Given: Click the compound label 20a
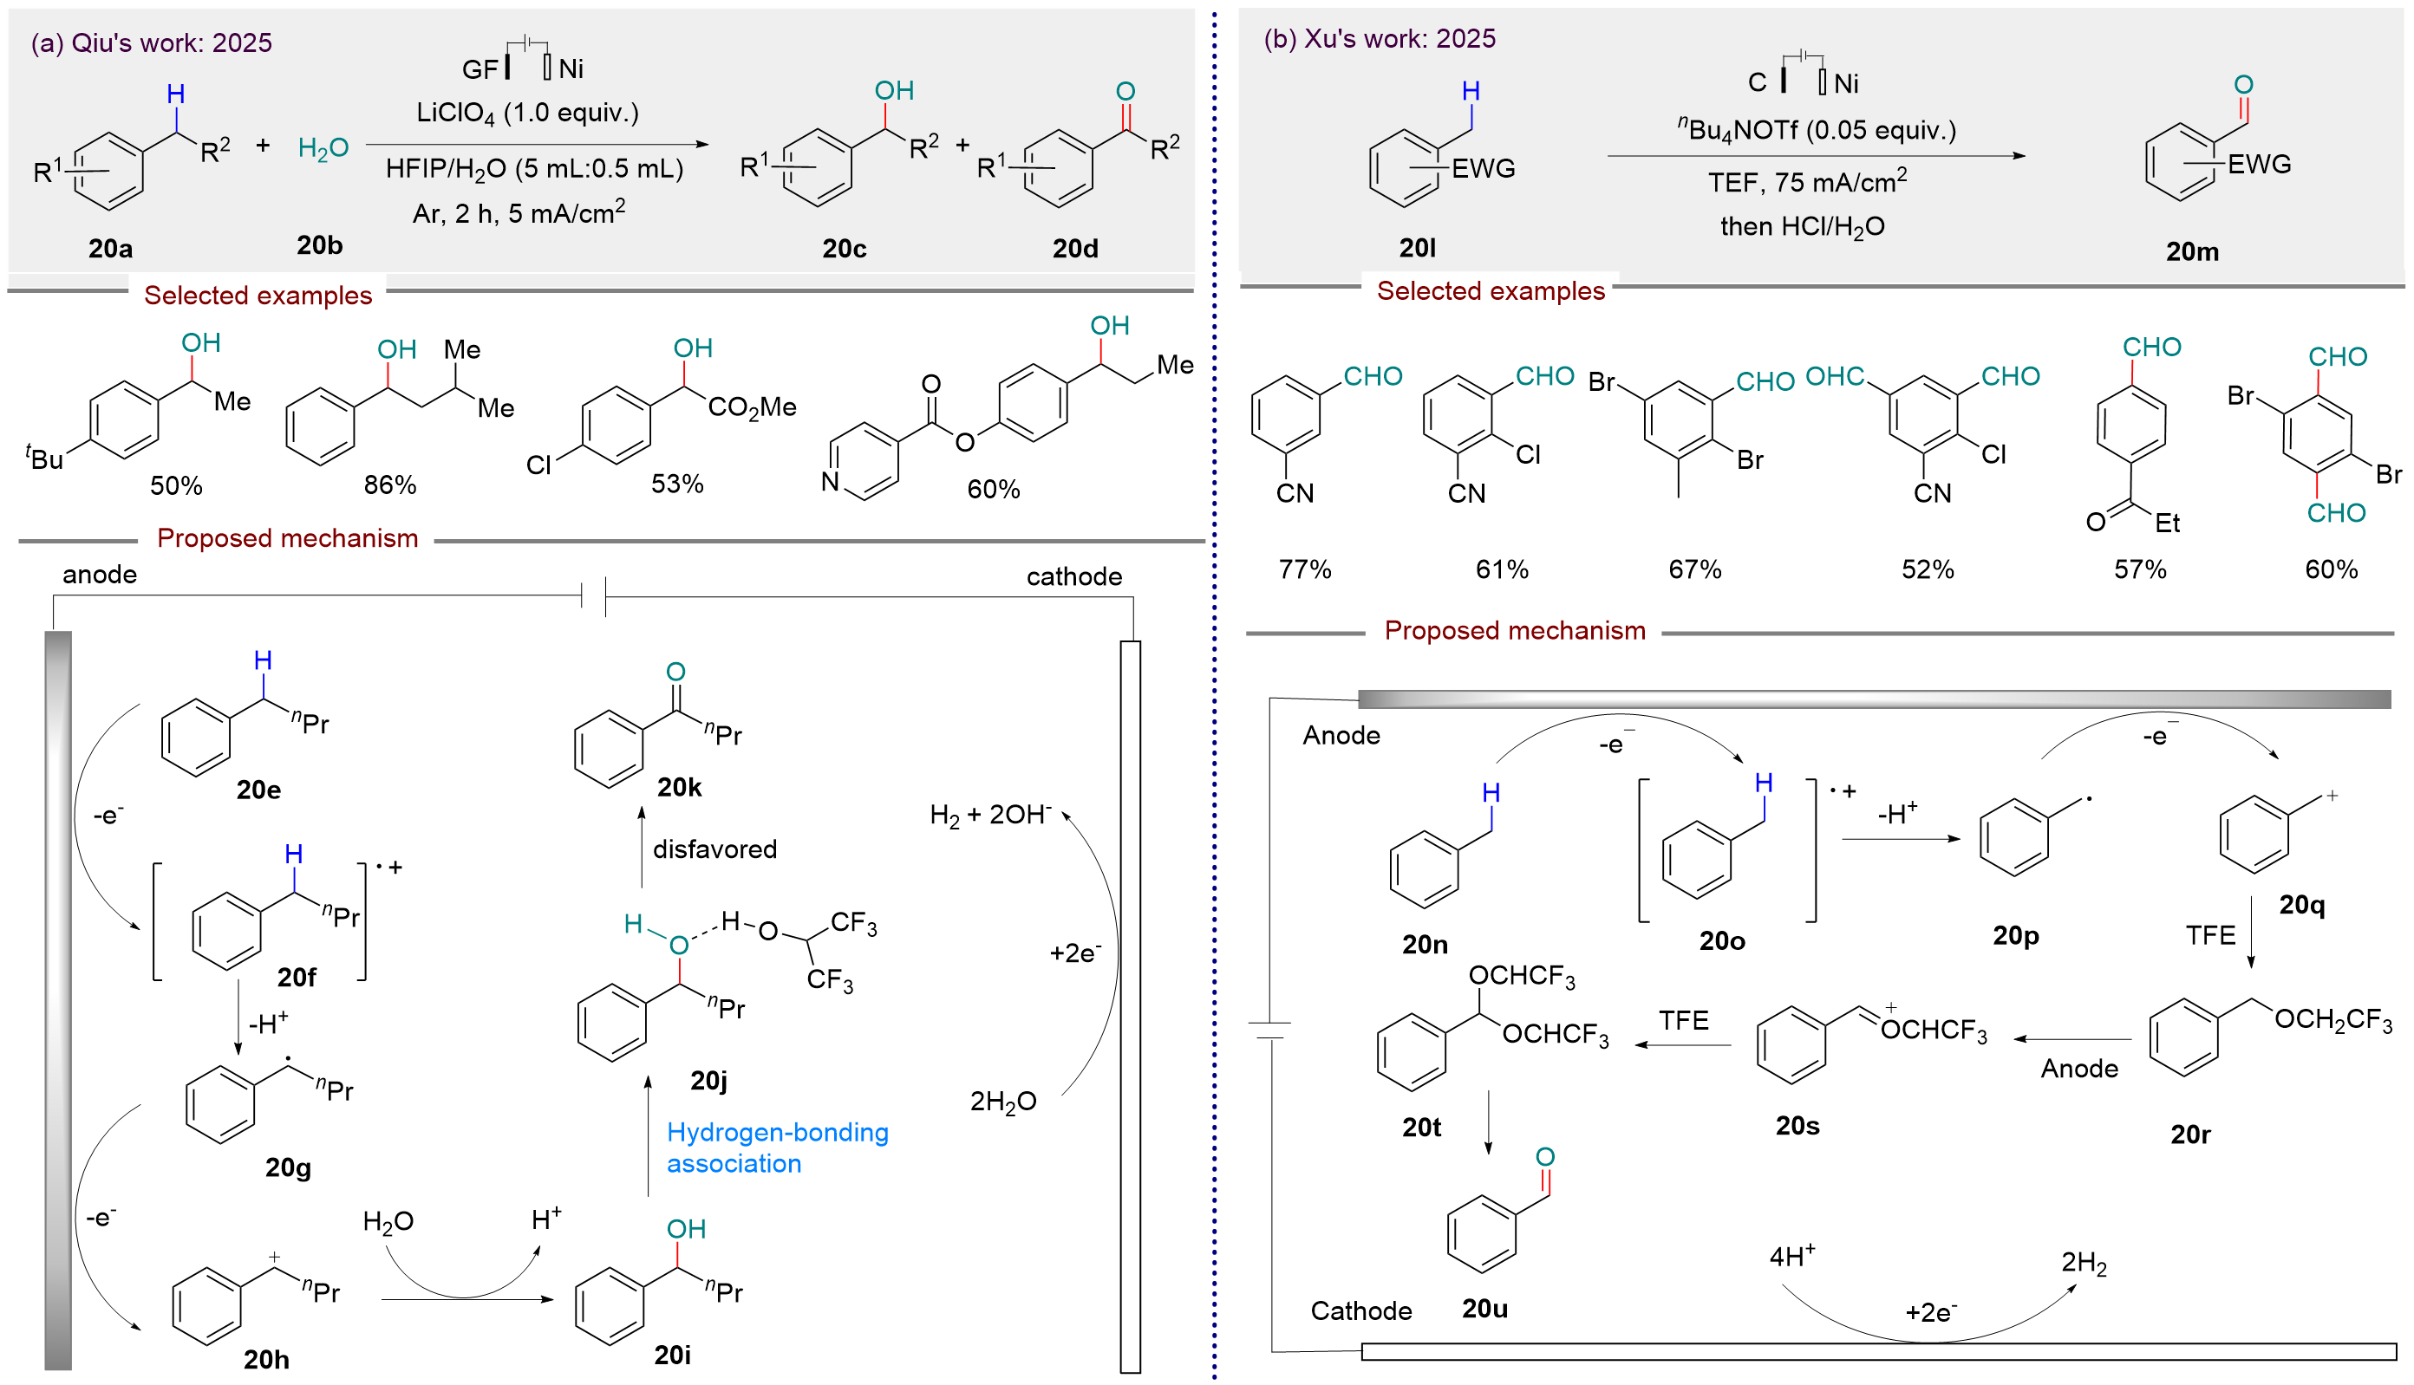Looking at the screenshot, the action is pos(110,248).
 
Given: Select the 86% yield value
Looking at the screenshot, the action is pos(390,485).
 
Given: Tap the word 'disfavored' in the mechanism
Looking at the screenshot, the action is pos(714,849).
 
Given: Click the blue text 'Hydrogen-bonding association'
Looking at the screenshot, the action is pos(778,1148).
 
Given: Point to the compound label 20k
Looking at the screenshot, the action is pos(680,787).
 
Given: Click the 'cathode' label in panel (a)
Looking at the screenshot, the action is pos(1074,576).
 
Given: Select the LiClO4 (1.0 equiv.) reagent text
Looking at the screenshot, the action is pos(527,114).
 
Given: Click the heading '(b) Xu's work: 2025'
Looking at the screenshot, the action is pos(1380,38).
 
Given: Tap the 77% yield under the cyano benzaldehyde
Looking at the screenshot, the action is pos(1304,569).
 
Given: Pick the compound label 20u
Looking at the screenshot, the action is pos(1484,1309).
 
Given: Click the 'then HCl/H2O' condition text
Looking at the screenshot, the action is pos(1802,227).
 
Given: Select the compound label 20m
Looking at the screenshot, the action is pos(2192,251).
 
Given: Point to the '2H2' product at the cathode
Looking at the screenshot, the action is pos(2084,1265).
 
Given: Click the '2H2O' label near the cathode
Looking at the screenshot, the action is pos(1003,1102).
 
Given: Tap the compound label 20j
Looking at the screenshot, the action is pos(709,1081).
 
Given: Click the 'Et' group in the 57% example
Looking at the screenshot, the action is pos(2168,523).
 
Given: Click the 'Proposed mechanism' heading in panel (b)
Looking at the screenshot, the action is pos(1515,631).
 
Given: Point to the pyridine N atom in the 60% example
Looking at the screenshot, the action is pos(830,481).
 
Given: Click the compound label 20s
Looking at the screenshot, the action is pos(1797,1125).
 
